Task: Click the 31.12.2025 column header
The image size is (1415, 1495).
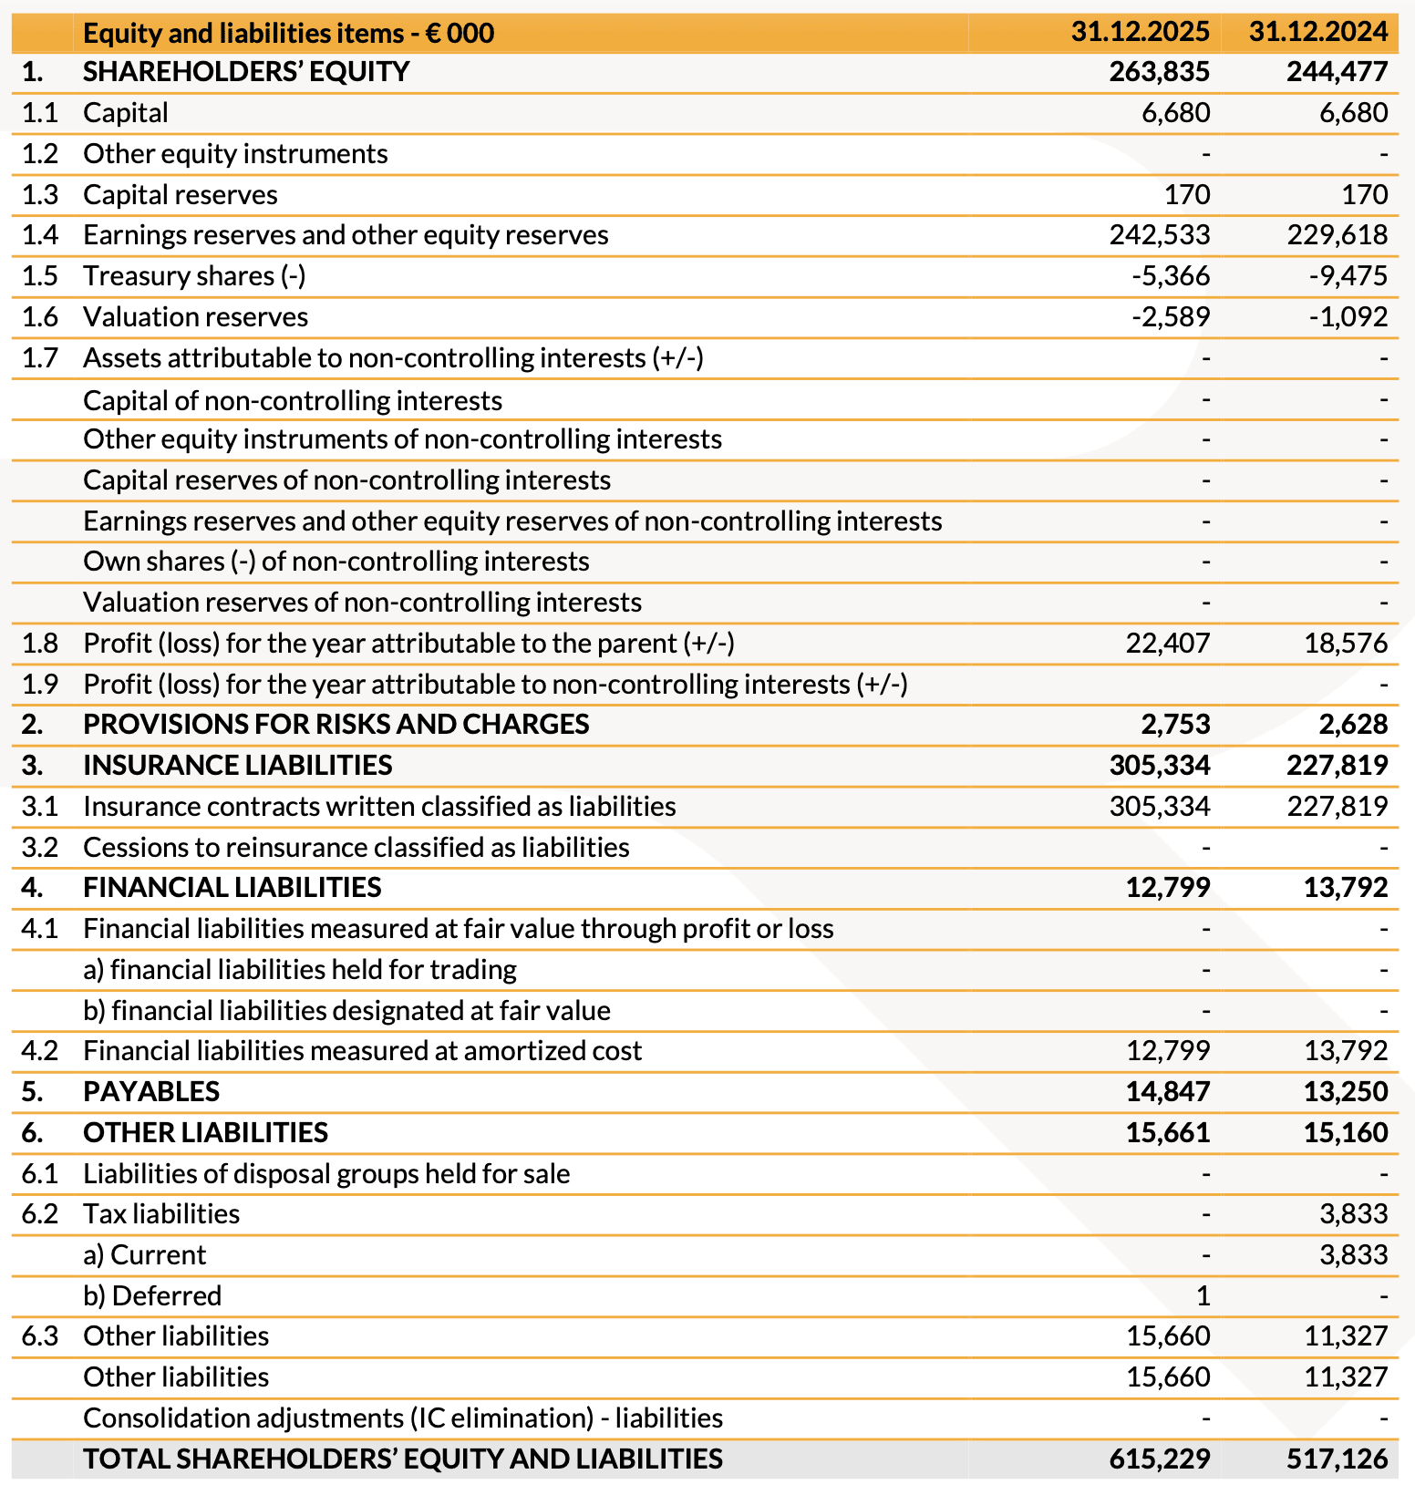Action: pyautogui.click(x=1140, y=33)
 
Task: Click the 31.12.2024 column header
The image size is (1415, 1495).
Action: pyautogui.click(x=1317, y=33)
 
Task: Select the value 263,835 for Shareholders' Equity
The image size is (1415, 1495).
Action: pyautogui.click(x=1159, y=71)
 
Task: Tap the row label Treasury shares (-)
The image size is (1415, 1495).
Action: pyautogui.click(x=194, y=276)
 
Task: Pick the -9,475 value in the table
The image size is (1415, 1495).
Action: pyautogui.click(x=1348, y=276)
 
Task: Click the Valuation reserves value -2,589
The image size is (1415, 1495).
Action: pyautogui.click(x=1171, y=317)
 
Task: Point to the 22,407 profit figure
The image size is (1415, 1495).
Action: pyautogui.click(x=1167, y=644)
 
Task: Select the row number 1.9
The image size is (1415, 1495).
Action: pyautogui.click(x=39, y=685)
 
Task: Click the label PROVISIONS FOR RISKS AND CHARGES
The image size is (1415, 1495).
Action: pyautogui.click(x=336, y=725)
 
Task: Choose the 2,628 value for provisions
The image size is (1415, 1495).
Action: pyautogui.click(x=1353, y=725)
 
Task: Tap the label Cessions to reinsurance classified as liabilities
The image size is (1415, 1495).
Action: pyautogui.click(x=356, y=848)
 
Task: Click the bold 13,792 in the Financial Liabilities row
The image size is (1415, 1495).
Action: pyautogui.click(x=1345, y=888)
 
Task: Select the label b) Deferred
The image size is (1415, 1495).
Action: pyautogui.click(x=152, y=1296)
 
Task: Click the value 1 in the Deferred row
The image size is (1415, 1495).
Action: pyautogui.click(x=1203, y=1296)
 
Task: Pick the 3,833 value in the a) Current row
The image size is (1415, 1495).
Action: pyautogui.click(x=1353, y=1255)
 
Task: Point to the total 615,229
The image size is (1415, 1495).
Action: pyautogui.click(x=1159, y=1459)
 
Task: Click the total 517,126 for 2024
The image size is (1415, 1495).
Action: pyautogui.click(x=1337, y=1459)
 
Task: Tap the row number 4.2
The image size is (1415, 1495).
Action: pyautogui.click(x=39, y=1051)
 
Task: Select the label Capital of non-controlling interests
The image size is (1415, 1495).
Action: pyautogui.click(x=292, y=401)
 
